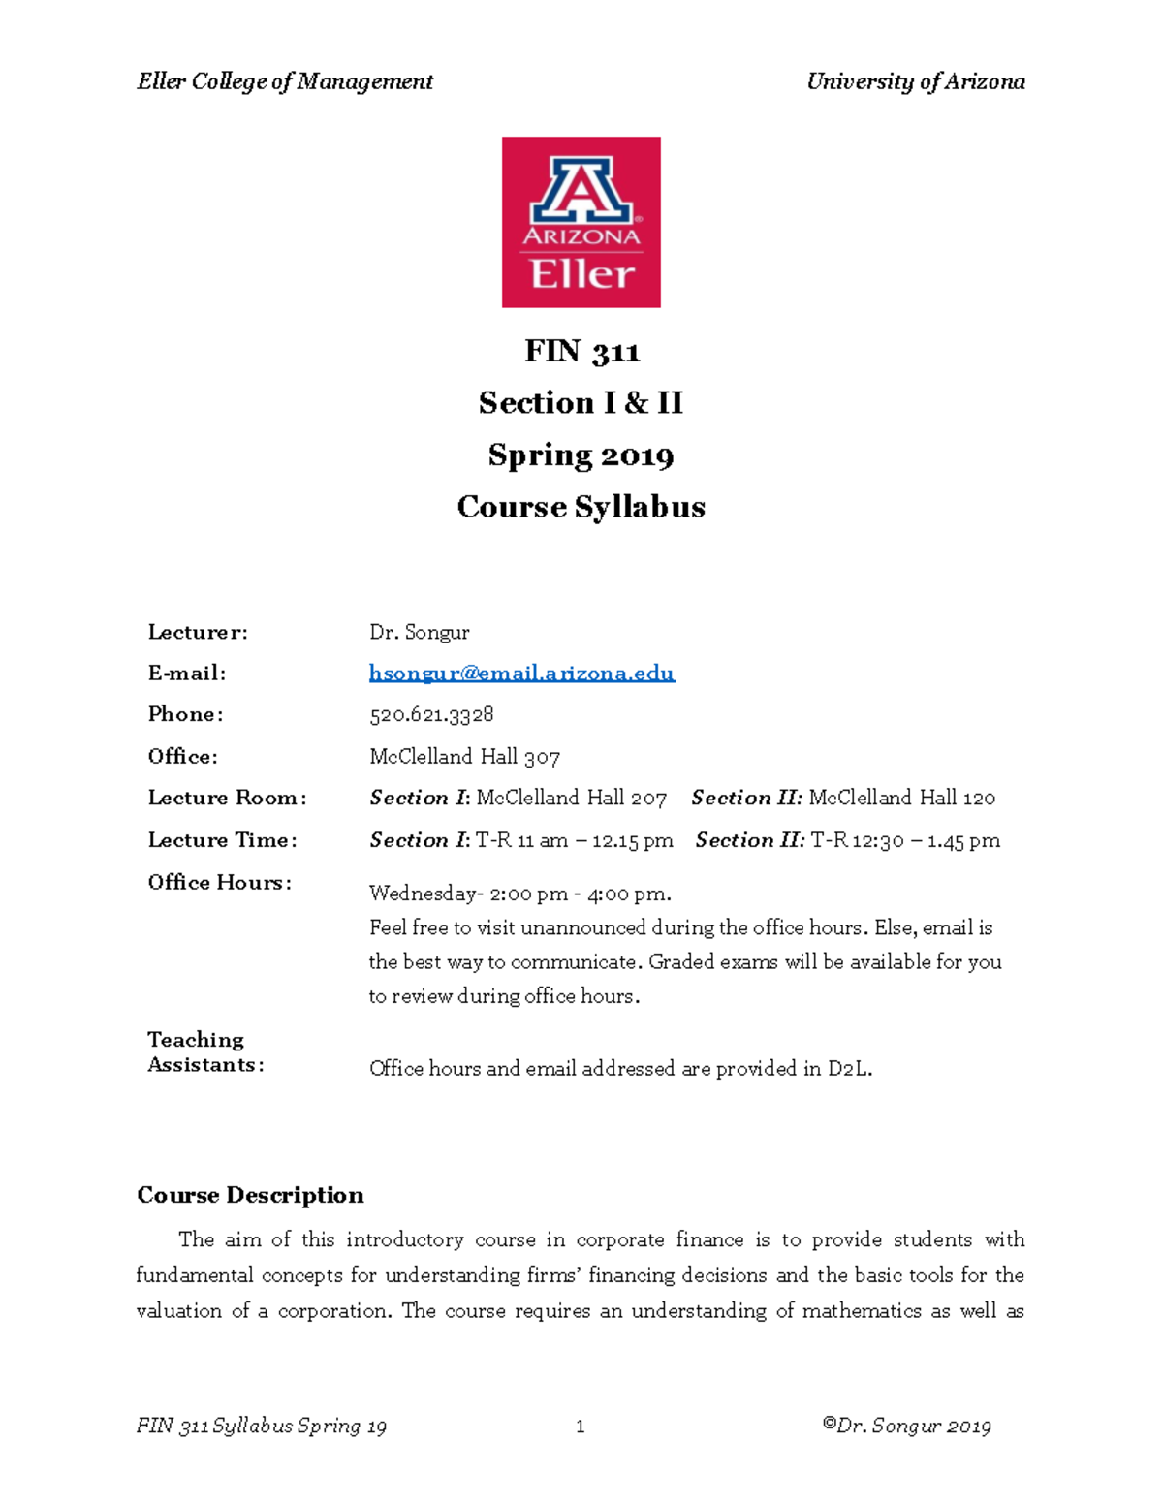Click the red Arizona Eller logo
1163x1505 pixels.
581,222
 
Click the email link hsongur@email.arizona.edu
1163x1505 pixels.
521,674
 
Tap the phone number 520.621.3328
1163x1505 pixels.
431,715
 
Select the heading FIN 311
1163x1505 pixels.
581,351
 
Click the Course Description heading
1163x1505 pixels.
250,1195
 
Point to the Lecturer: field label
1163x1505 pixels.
198,633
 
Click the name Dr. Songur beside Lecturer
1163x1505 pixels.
419,633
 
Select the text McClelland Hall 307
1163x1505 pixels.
464,757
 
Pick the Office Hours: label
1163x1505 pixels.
219,883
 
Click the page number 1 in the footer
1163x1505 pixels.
580,1427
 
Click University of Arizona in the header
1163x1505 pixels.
915,81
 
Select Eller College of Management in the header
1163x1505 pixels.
285,81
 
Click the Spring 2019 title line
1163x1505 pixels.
581,455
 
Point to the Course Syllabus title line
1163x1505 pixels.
581,507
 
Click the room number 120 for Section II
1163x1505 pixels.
979,799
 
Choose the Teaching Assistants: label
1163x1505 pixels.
204,1052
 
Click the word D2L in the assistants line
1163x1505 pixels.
848,1069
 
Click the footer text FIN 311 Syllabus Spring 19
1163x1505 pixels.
262,1427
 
